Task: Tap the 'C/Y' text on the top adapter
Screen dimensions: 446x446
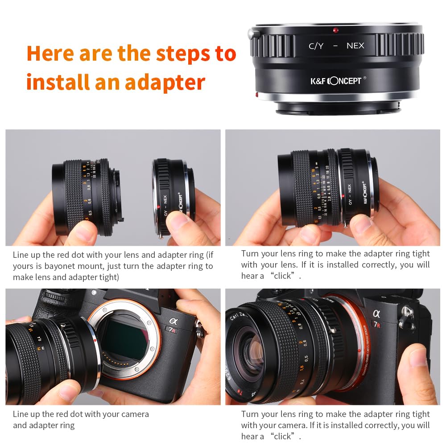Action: pos(316,45)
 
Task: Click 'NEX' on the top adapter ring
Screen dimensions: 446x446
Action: pos(355,45)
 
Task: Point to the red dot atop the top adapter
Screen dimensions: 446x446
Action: pos(335,30)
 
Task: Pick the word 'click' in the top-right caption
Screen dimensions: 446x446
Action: pos(283,276)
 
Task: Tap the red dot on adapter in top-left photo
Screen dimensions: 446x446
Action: pos(159,208)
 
